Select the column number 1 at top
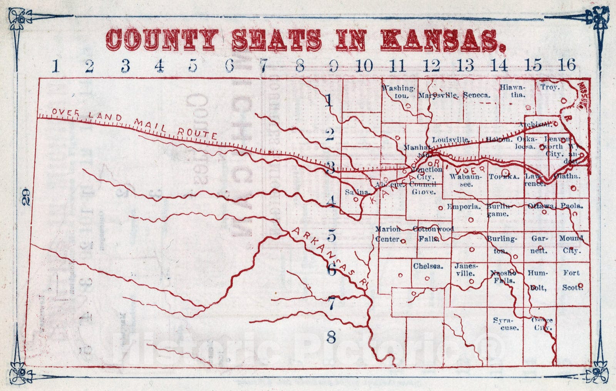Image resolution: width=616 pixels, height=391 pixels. [x=56, y=66]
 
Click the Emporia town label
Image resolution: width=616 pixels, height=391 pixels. [x=464, y=207]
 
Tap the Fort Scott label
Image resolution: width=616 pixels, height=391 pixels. [x=572, y=280]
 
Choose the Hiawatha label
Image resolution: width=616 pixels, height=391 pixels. [x=512, y=91]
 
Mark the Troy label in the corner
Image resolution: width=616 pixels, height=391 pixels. [x=549, y=87]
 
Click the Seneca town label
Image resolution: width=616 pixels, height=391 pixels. [x=477, y=95]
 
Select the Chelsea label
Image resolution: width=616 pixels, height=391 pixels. [x=428, y=266]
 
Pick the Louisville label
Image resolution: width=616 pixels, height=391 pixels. [x=450, y=139]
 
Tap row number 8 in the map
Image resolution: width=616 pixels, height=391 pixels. [x=331, y=338]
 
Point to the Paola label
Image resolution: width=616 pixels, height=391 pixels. [x=572, y=206]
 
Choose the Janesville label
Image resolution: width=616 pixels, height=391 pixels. [x=466, y=269]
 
